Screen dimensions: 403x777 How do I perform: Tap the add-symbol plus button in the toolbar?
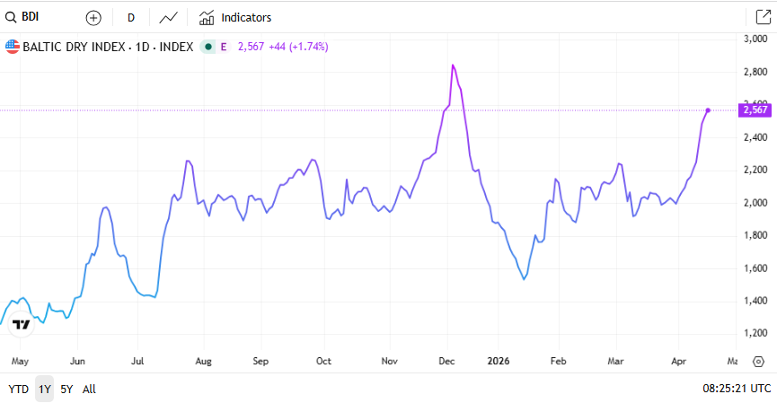click(93, 17)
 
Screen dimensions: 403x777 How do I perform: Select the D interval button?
click(131, 17)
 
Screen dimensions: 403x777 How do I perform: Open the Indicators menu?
click(235, 17)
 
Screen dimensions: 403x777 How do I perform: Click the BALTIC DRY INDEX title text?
click(108, 46)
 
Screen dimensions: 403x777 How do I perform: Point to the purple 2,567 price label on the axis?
click(755, 110)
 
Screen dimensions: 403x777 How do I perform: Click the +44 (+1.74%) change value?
click(298, 46)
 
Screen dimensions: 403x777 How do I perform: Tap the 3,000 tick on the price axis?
click(754, 39)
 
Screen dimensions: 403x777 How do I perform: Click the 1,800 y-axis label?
click(754, 235)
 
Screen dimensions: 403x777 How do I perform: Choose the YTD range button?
click(18, 390)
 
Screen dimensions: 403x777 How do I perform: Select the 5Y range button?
click(66, 390)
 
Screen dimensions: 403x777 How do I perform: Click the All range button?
click(89, 390)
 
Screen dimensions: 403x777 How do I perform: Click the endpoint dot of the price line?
click(708, 110)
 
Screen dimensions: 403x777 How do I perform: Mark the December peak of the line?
click(454, 66)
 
